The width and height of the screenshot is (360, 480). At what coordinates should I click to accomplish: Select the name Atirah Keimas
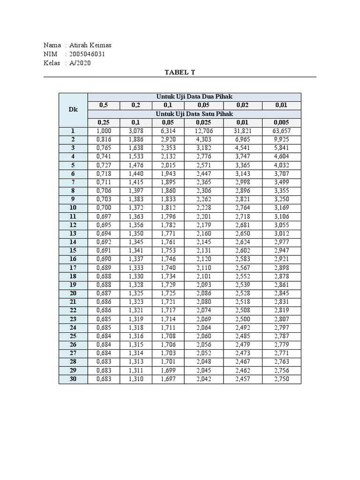(x=91, y=45)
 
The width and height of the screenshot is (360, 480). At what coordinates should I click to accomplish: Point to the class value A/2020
(x=80, y=63)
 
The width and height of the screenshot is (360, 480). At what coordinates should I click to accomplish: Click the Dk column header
(x=73, y=110)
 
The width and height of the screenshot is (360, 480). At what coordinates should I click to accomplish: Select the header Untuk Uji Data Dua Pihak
(x=194, y=97)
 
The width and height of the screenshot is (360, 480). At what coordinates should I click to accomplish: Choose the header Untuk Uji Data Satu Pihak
(x=194, y=114)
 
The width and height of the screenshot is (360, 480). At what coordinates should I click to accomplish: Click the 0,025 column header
(x=203, y=122)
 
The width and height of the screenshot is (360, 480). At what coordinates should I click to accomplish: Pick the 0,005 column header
(x=281, y=122)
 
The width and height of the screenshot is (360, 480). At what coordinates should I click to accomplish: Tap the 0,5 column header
(x=104, y=105)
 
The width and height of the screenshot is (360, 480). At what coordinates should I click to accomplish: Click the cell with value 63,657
(x=281, y=131)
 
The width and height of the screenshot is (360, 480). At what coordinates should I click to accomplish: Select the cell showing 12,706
(x=203, y=131)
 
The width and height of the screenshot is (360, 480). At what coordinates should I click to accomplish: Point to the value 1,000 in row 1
(x=104, y=131)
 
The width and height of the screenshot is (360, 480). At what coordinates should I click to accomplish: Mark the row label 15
(x=73, y=250)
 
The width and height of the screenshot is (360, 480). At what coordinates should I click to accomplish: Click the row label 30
(x=73, y=379)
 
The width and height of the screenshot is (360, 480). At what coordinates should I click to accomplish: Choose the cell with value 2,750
(x=281, y=379)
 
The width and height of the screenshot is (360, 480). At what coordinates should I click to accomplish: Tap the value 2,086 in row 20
(x=203, y=293)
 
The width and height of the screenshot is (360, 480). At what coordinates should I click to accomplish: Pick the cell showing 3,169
(x=281, y=208)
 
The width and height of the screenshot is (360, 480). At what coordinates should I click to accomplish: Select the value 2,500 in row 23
(x=242, y=319)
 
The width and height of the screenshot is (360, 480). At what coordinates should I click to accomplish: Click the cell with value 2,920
(x=168, y=140)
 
